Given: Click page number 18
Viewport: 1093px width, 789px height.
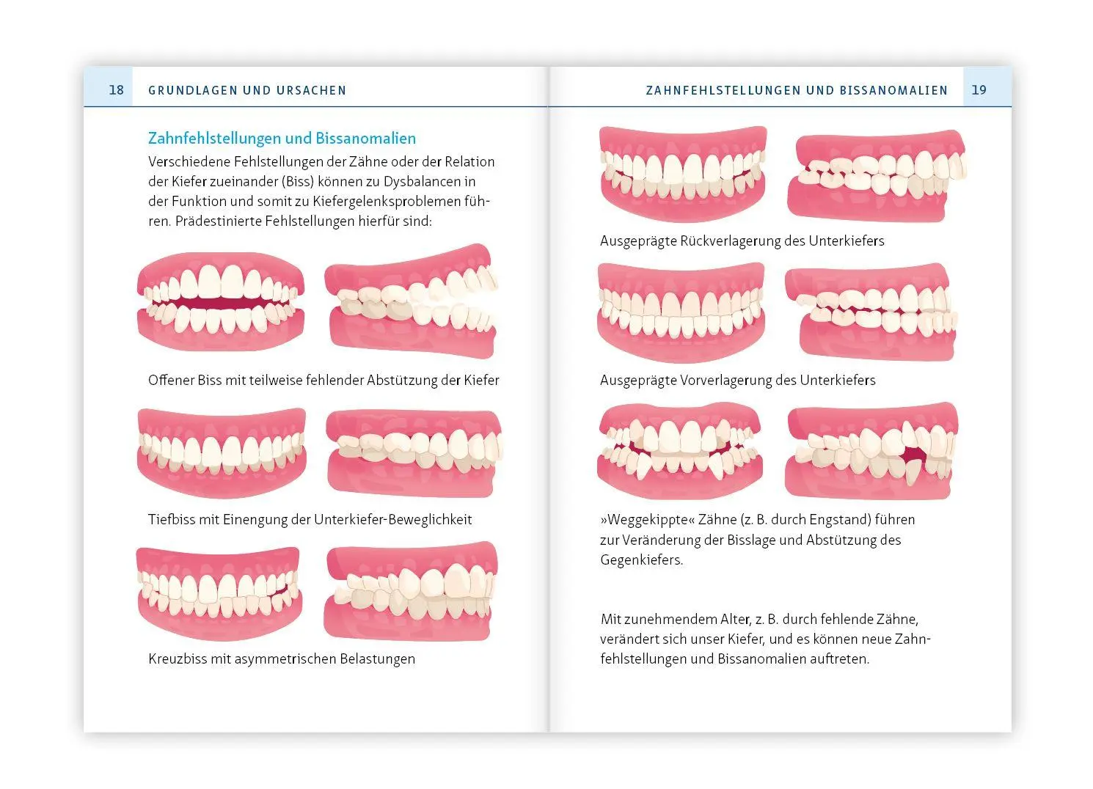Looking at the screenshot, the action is (x=116, y=89).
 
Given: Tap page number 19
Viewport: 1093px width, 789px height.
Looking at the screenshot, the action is (x=979, y=89).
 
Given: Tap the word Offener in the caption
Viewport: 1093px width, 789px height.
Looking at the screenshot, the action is (x=171, y=380).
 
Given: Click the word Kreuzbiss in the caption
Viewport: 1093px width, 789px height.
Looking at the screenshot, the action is (x=177, y=658).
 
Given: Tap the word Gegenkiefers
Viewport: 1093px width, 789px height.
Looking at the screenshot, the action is (x=641, y=559).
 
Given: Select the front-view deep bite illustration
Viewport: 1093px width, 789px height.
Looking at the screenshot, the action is (x=222, y=453).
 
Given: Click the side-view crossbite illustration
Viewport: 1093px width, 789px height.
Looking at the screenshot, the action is (x=411, y=592).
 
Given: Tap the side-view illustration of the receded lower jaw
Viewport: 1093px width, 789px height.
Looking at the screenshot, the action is (x=877, y=175).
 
